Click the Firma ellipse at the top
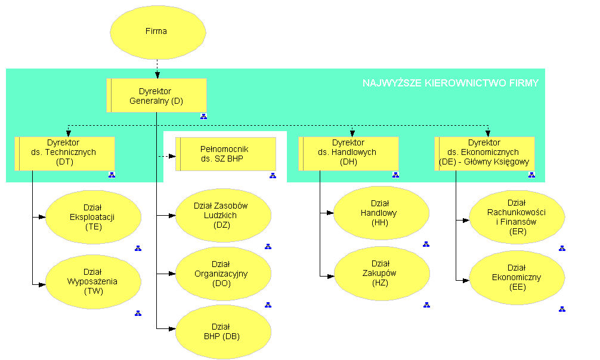[157, 32]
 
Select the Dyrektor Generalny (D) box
[156, 95]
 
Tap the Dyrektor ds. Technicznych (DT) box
[64, 153]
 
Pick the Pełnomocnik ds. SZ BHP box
[226, 154]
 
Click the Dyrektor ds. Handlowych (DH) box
[348, 153]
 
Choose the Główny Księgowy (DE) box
[484, 153]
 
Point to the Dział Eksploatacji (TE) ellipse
[94, 217]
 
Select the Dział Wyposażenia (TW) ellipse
[94, 282]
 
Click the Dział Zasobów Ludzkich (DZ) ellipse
[224, 215]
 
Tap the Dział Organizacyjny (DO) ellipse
[224, 274]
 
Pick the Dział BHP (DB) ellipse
[224, 332]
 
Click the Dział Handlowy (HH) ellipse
[381, 213]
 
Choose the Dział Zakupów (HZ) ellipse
[382, 273]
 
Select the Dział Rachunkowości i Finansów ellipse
[517, 217]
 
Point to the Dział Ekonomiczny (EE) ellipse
[517, 277]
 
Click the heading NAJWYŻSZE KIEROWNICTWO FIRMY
[450, 83]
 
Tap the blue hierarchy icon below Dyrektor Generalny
[203, 117]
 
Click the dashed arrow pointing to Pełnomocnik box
[167, 156]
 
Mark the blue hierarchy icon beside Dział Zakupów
[426, 305]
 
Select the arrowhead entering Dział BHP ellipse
[172, 328]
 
